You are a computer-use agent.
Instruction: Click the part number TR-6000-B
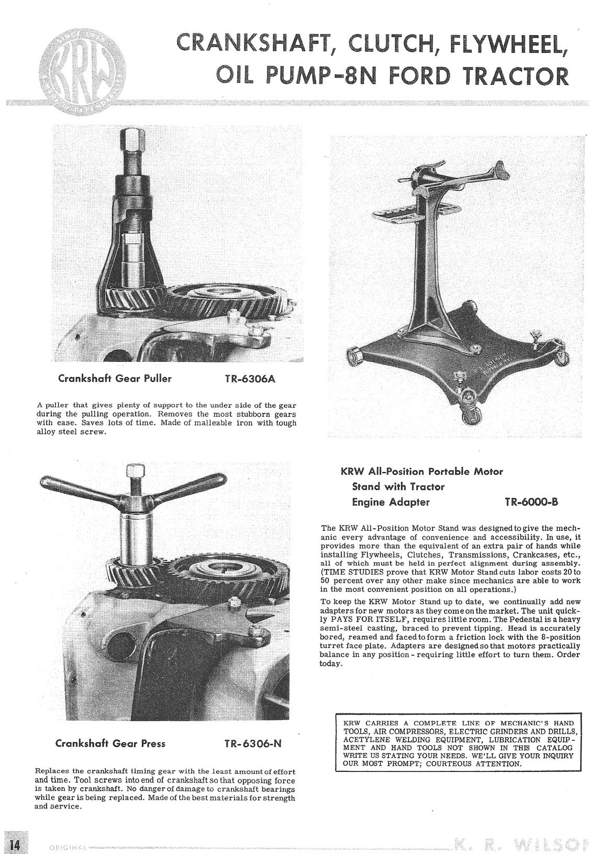pos(531,503)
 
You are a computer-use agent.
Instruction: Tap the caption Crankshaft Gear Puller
pos(115,379)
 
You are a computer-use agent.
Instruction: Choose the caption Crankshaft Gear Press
pos(110,743)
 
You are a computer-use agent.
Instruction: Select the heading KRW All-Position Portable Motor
pos(421,471)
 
